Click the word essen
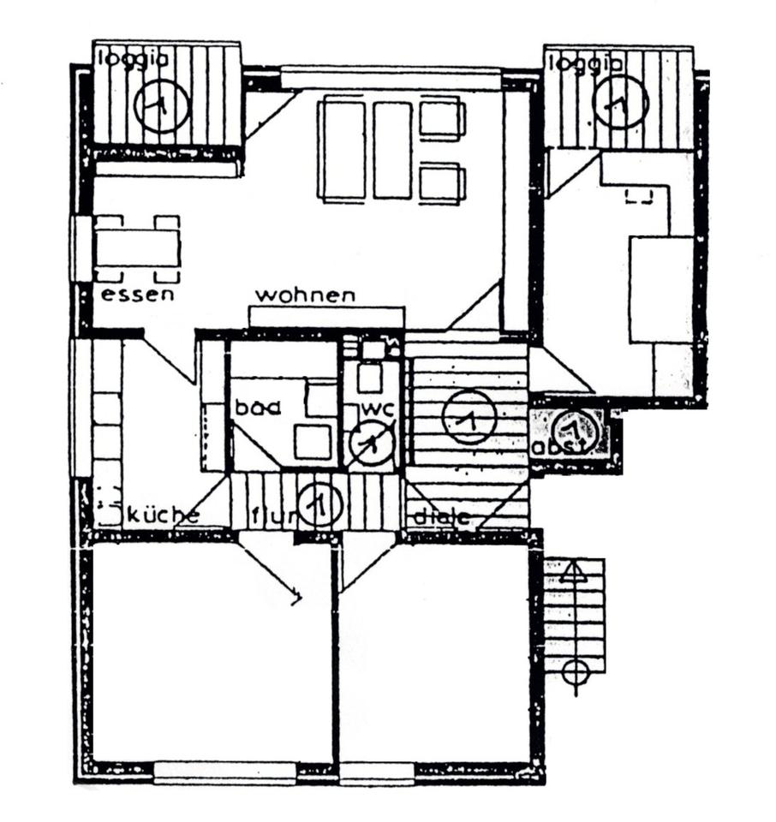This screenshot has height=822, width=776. (x=137, y=295)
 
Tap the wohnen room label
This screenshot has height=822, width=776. (x=306, y=295)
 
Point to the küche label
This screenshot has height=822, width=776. (x=164, y=515)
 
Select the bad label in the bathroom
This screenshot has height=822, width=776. (x=258, y=408)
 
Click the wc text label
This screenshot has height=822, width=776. (x=377, y=408)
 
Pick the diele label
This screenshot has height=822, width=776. (x=442, y=517)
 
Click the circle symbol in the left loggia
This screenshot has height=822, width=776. (x=162, y=104)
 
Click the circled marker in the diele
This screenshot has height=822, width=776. (x=469, y=416)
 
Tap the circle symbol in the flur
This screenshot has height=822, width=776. (x=319, y=504)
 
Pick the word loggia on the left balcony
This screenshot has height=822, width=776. (x=133, y=59)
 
